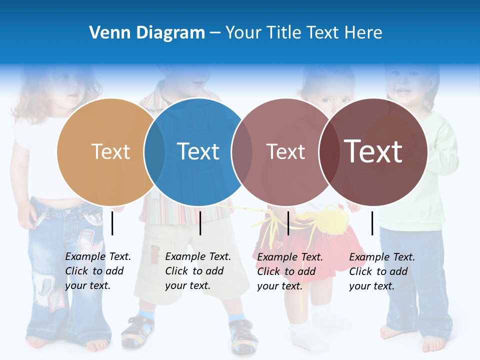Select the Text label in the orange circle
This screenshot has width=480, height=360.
pos(110,151)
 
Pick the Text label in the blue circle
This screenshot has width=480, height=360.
pos(198,151)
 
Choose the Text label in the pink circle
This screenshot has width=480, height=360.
pos(285,151)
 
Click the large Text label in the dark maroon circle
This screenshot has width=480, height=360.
pos(373,151)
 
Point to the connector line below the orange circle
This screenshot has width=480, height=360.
pos(112,223)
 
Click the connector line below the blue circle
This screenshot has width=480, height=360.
pos(200,223)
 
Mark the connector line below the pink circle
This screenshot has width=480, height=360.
pos(288,223)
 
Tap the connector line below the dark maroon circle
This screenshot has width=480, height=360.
pos(372,223)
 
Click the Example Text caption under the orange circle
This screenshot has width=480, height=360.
pos(98,271)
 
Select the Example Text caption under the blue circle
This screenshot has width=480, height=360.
pos(198,271)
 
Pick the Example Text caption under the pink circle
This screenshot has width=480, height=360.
pos(290,271)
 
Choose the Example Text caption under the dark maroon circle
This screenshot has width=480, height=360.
pos(382,271)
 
